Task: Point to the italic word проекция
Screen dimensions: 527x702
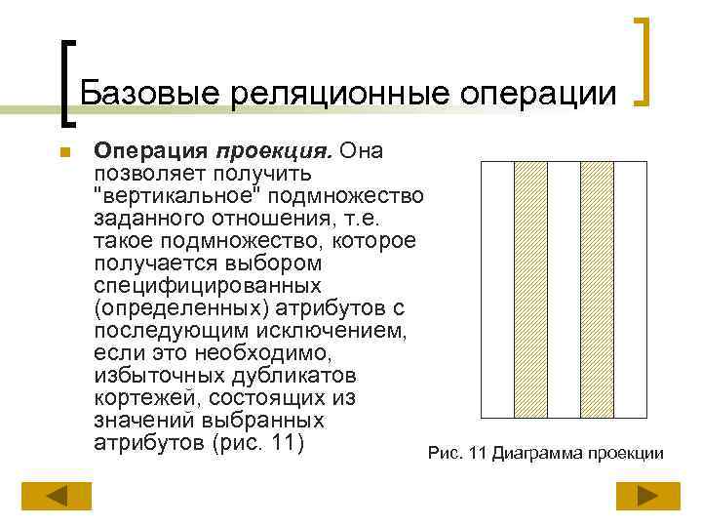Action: (276, 151)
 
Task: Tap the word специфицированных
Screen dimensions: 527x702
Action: (208, 286)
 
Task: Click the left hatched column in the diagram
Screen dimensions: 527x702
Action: (530, 290)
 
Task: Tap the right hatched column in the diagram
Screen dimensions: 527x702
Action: (597, 290)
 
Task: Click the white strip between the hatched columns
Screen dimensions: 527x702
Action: (564, 290)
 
